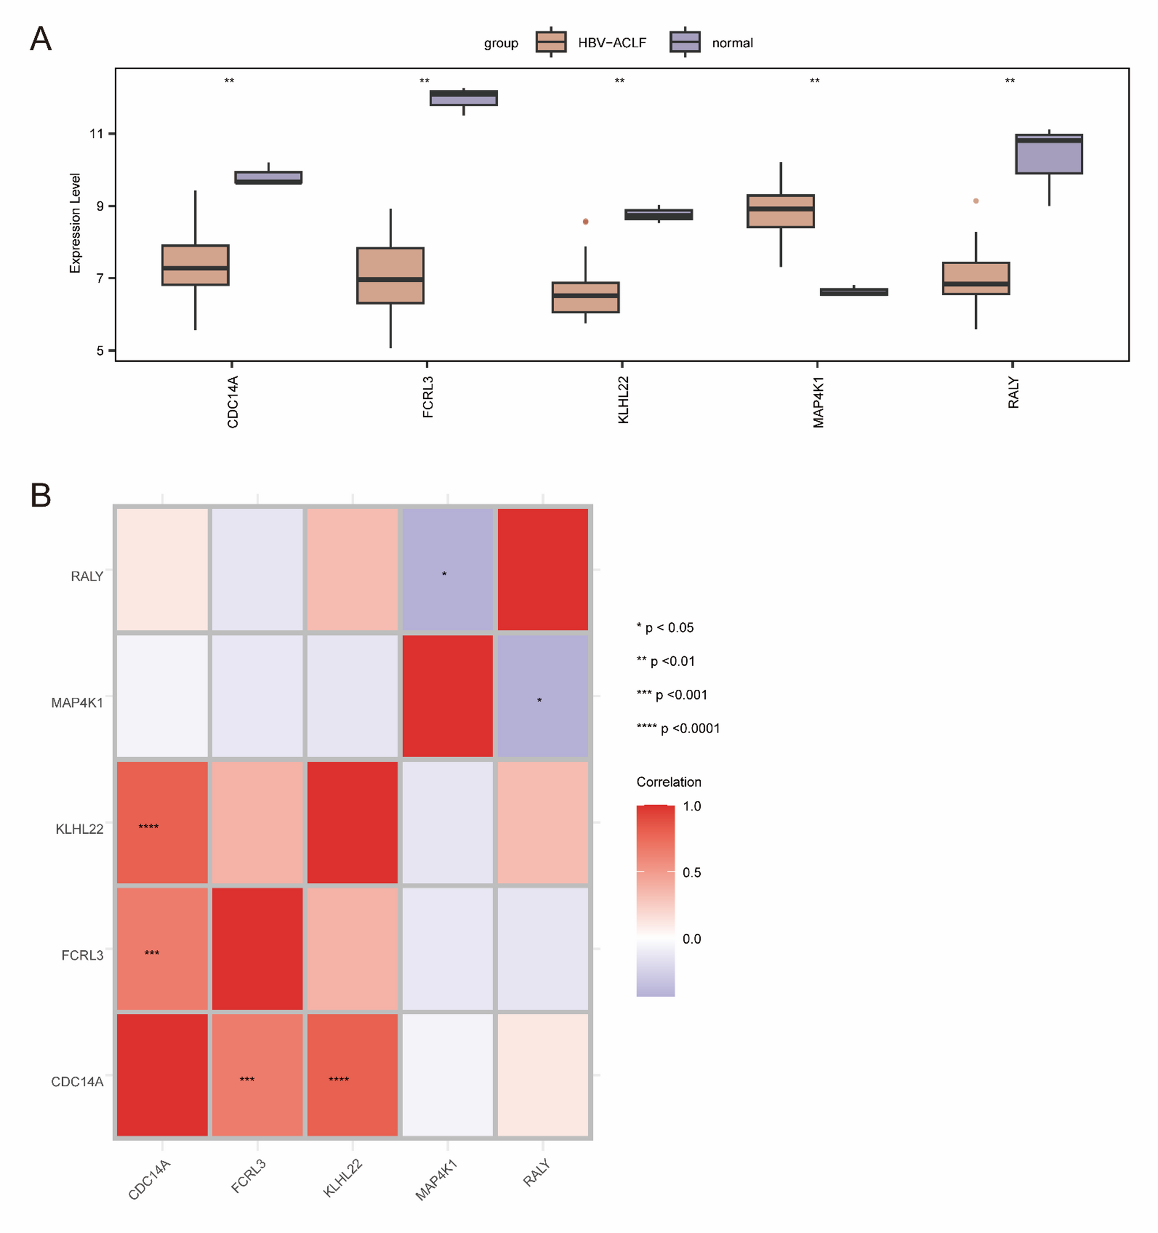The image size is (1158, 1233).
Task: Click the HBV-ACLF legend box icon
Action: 551,42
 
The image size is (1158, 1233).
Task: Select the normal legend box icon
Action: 685,42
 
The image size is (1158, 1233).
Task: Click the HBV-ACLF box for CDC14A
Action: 195,265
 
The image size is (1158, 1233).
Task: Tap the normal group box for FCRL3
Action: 463,98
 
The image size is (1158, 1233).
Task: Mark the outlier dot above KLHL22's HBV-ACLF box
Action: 585,221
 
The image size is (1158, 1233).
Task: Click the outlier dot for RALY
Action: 976,201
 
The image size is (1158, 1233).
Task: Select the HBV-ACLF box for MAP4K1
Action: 780,212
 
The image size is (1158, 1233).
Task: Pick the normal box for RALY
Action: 1049,154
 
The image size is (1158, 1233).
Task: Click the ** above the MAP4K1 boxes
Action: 814,81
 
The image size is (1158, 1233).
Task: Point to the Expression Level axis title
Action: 75,223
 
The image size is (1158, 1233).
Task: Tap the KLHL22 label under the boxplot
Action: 623,400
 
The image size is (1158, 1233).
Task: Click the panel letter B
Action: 41,495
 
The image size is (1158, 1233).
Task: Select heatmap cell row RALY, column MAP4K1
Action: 447,569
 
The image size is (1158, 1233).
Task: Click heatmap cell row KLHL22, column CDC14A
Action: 163,822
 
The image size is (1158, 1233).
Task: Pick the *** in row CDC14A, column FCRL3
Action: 247,1080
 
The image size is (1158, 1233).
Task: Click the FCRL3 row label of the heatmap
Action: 82,955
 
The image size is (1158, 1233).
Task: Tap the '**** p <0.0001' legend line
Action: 678,728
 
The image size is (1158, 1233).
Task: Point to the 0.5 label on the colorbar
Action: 691,873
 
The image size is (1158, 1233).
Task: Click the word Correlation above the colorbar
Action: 668,782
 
